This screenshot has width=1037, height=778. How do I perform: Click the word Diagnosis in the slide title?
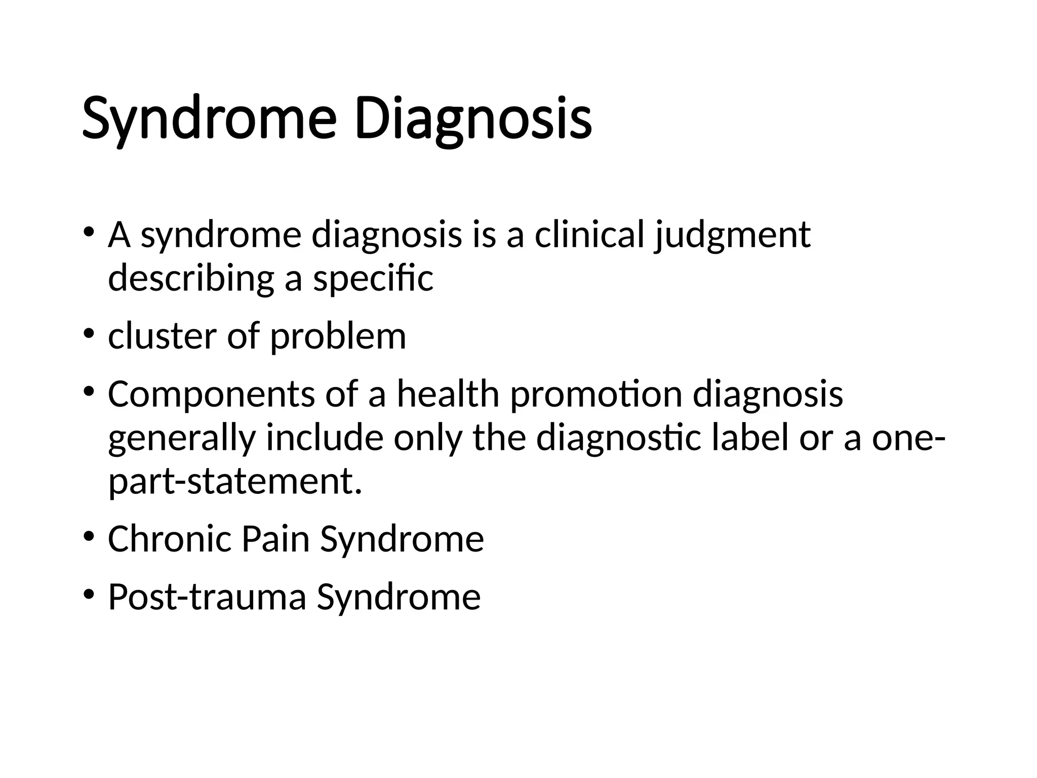(x=473, y=120)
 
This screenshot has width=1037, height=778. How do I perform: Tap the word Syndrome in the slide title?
(x=209, y=120)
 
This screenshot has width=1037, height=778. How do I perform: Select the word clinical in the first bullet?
(x=589, y=235)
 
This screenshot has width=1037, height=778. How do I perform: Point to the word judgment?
(x=732, y=235)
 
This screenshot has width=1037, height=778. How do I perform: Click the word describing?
(x=190, y=278)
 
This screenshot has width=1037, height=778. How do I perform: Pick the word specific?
(x=373, y=278)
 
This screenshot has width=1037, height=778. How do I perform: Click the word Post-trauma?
(x=207, y=597)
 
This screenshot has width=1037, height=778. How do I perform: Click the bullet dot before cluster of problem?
(x=89, y=334)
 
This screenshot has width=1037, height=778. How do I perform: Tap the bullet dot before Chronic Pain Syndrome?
(x=89, y=536)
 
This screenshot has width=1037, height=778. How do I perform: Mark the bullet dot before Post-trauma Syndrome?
(x=89, y=595)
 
